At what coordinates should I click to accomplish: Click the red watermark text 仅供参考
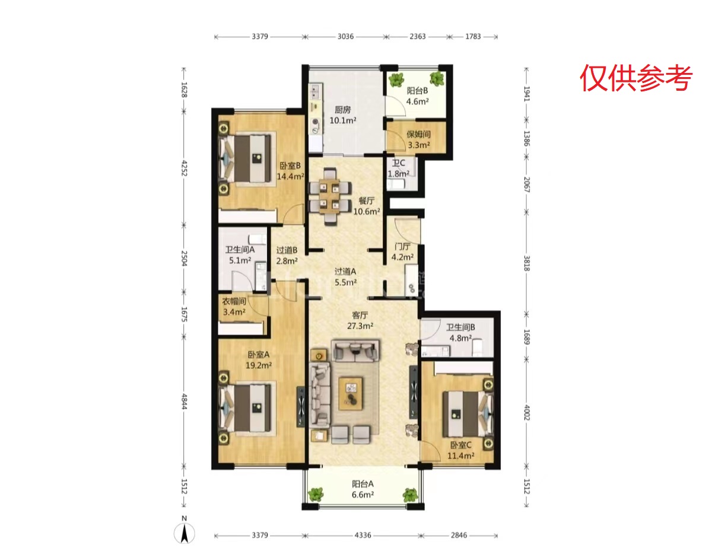pos(635,78)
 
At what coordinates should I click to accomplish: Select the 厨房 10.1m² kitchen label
pos(343,115)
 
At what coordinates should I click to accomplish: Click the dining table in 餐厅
pos(330,196)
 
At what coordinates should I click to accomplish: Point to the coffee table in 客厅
pos(351,393)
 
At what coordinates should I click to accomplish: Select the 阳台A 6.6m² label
pos(363,489)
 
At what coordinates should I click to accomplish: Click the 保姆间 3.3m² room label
pos(418,139)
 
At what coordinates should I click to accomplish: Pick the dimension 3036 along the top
pos(346,36)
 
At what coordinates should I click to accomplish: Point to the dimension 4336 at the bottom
pos(363,535)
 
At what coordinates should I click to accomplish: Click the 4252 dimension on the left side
pos(184,168)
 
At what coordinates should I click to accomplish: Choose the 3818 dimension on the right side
pos(526,263)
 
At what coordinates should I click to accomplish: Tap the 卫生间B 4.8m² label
pos(460,332)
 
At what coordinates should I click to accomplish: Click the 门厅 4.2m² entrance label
pos(402,251)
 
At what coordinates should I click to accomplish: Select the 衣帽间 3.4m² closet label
pos(234,307)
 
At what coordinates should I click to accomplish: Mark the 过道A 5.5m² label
pos(345,276)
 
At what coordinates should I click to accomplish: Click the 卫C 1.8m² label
pos(399,168)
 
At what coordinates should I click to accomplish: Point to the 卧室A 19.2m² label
pos(259,360)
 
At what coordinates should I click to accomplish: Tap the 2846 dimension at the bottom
pos(459,535)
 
